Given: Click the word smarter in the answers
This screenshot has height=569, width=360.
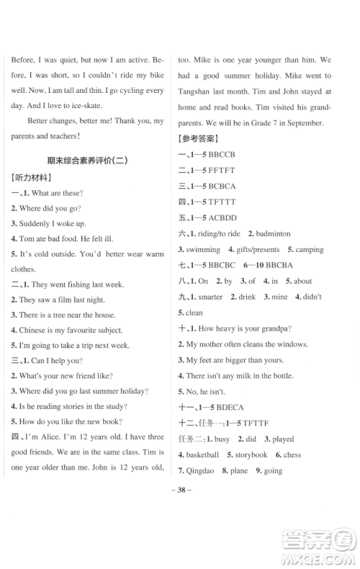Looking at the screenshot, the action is (210, 297).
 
